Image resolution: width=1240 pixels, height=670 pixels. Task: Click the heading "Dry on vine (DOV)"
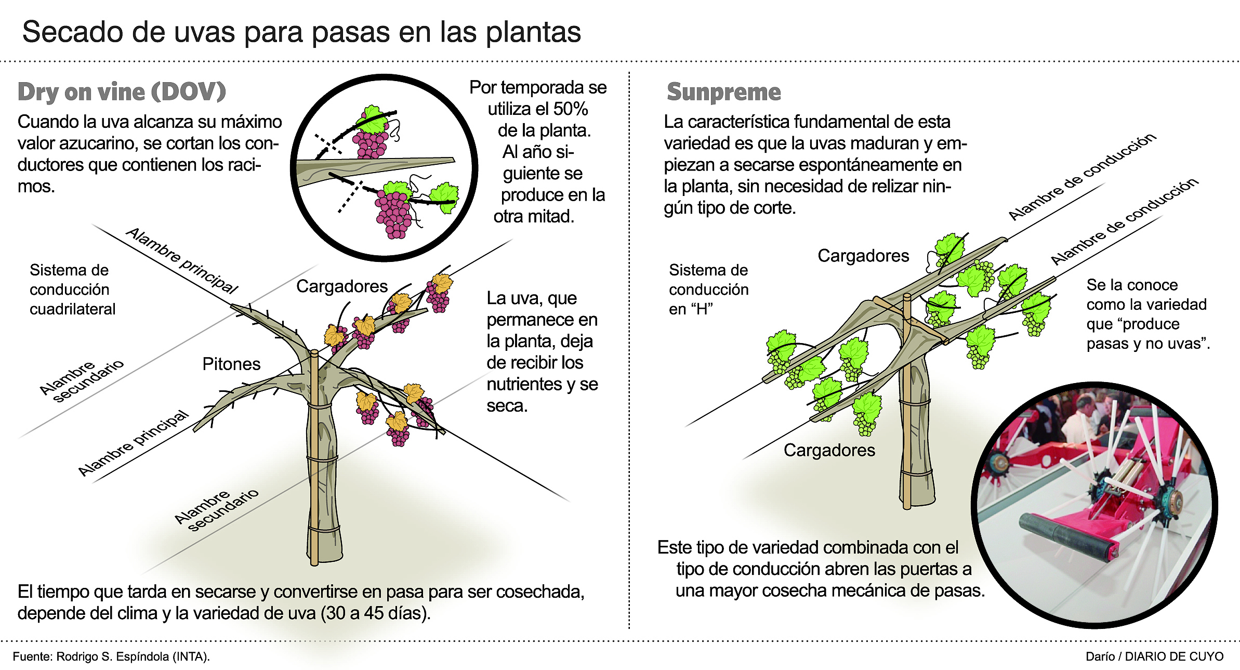122,92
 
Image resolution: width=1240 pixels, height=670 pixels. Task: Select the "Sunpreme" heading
723,92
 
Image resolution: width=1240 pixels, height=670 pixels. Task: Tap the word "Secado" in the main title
72,32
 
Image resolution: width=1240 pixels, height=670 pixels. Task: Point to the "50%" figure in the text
570,109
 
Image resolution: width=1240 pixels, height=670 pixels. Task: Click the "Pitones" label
231,364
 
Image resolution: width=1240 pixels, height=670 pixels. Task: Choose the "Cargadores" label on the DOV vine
342,286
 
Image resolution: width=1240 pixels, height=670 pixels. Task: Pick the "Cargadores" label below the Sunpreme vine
829,450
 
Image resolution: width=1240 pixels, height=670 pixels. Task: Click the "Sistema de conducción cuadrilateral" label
72,290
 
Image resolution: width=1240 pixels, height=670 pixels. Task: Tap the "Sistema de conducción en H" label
708,290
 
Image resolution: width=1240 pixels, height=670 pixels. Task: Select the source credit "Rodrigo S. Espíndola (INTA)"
133,656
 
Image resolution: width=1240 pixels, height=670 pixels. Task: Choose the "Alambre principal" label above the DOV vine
182,260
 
